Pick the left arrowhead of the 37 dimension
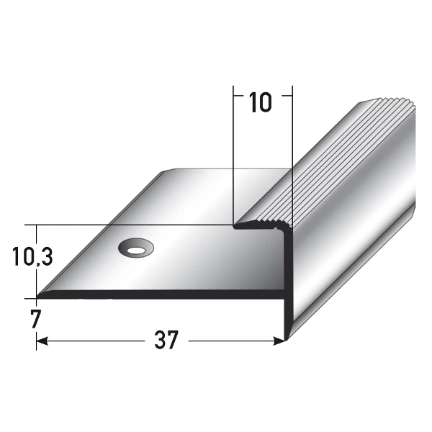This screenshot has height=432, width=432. [42, 340]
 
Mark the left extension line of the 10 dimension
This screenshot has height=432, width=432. [235, 144]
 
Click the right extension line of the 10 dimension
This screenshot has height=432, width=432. [292, 144]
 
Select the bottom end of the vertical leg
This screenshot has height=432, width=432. [287, 336]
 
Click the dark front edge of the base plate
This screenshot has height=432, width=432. [158, 294]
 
